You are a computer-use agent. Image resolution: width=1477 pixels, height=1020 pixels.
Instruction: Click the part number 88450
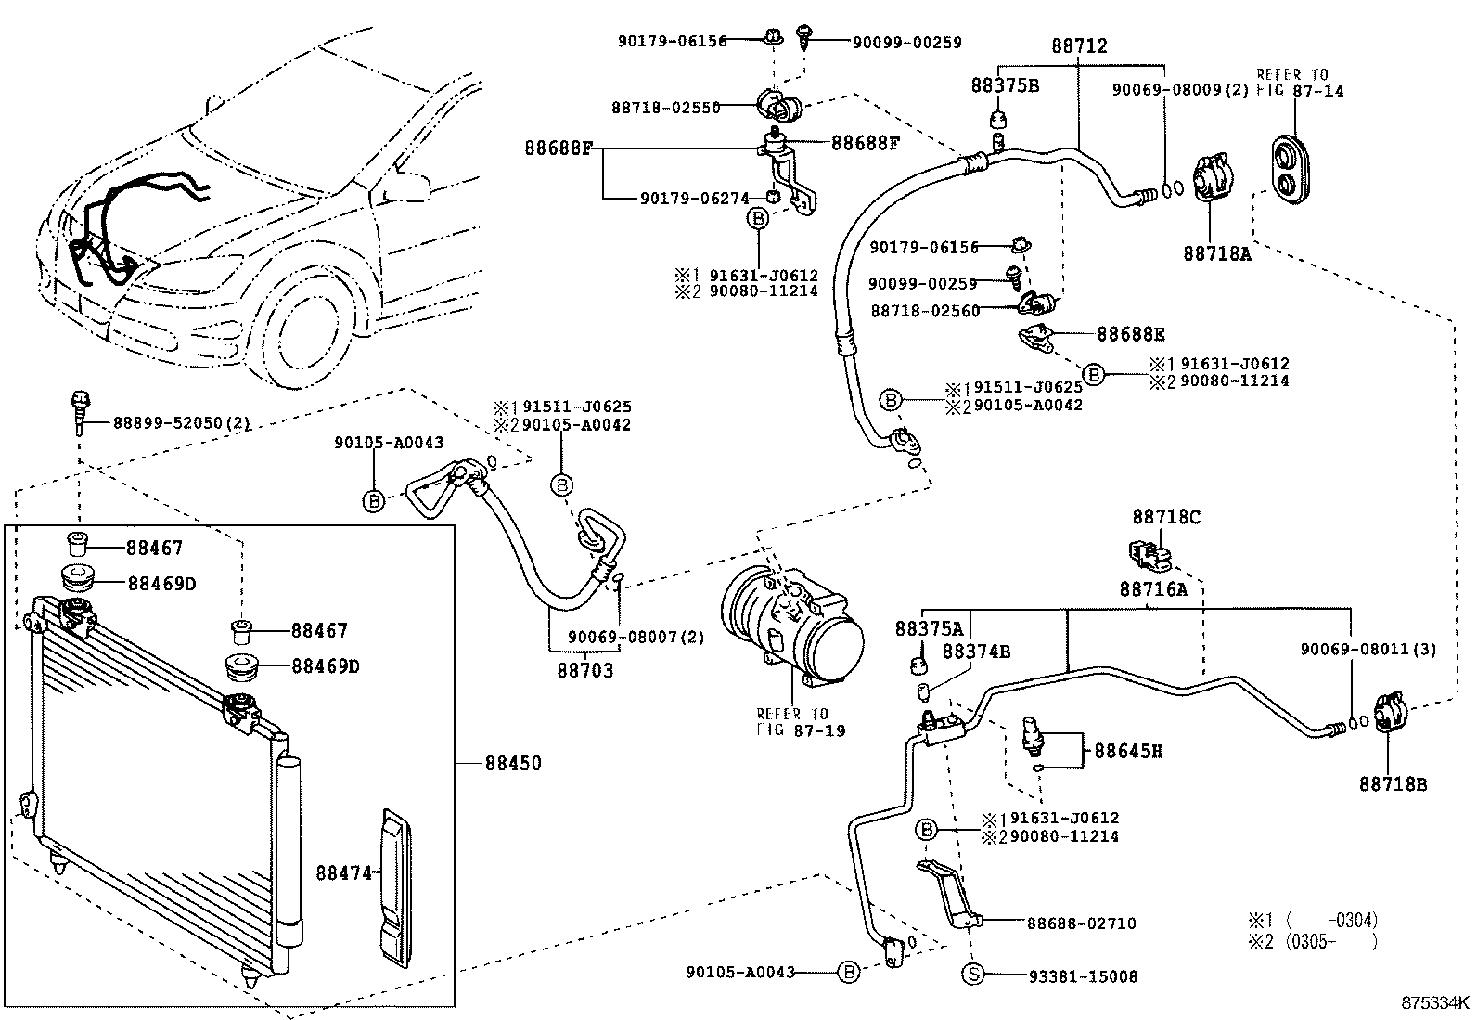point(512,764)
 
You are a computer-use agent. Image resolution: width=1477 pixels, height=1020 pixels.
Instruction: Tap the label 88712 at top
point(1079,45)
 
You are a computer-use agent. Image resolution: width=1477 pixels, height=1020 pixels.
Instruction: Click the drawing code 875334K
point(1435,1002)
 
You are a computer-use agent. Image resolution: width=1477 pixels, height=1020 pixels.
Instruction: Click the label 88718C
point(1165,517)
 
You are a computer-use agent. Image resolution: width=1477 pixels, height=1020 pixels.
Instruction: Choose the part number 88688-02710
point(1081,923)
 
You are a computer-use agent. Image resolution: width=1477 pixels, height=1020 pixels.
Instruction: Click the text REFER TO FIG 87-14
point(1299,83)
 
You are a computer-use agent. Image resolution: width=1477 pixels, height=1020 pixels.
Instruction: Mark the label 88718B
point(1393,784)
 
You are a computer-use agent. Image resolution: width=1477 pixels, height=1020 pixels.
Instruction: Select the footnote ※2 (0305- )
point(1312,942)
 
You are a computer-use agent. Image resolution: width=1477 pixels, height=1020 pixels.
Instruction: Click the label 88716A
point(1153,588)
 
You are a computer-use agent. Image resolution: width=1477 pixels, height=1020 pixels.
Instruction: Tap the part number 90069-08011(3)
point(1368,650)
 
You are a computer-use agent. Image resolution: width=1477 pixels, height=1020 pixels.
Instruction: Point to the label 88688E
point(1130,334)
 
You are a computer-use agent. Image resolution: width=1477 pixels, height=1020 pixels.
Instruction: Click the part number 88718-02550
point(665,108)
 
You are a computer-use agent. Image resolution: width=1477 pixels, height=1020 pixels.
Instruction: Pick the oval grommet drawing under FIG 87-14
point(1292,170)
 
